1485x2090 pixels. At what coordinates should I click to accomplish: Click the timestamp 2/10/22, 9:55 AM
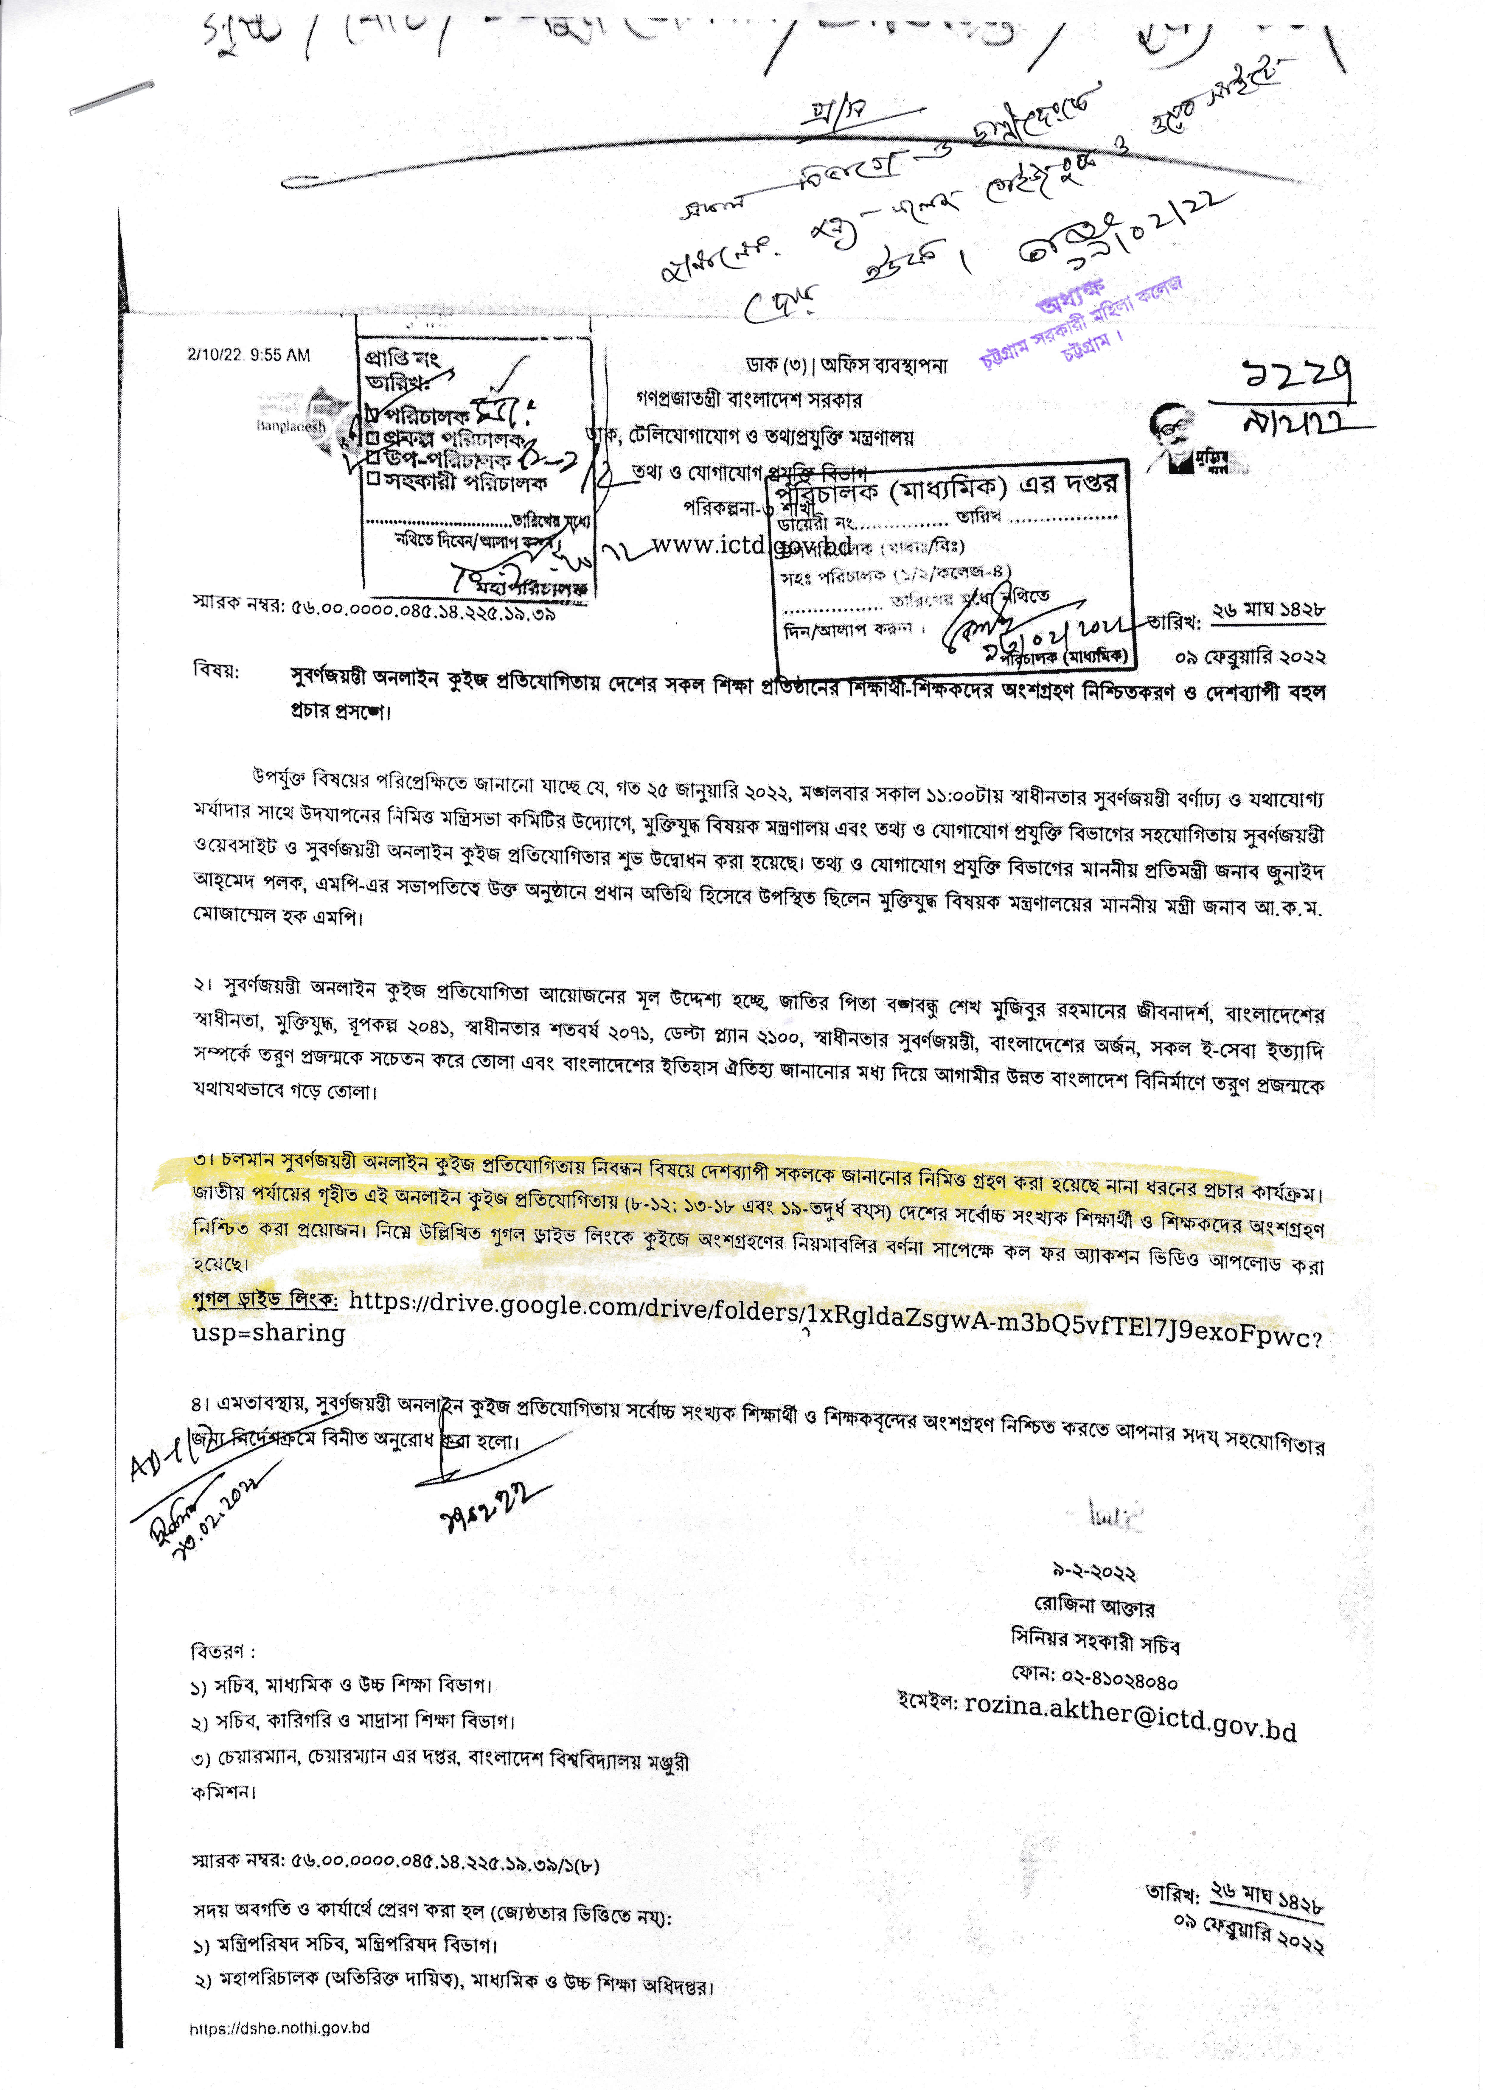249,355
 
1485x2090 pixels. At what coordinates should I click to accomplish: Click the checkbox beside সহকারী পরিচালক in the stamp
373,478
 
